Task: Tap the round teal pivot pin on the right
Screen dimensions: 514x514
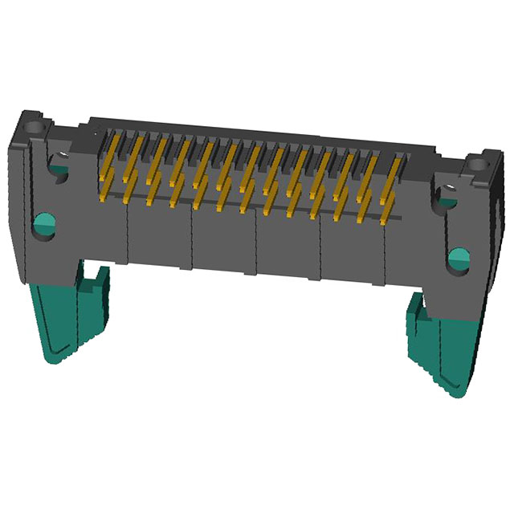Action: [459, 259]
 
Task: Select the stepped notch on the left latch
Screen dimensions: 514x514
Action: [96, 281]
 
